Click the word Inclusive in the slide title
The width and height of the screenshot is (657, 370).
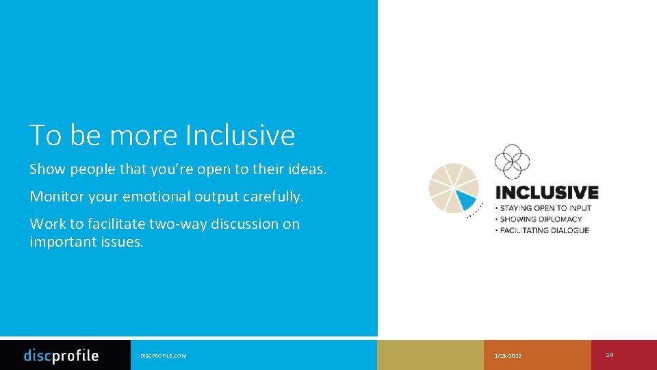pos(240,135)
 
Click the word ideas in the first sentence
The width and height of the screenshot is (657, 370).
pos(307,169)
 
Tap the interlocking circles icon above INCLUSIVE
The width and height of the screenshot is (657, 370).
pos(512,162)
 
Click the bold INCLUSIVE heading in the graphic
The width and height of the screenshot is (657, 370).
pos(547,193)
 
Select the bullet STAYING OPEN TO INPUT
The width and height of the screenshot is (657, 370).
pos(545,208)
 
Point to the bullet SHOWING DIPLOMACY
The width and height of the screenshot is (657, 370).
pos(541,219)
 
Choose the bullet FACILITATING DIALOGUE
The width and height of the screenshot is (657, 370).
pos(544,230)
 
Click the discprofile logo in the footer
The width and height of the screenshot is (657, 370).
pos(61,355)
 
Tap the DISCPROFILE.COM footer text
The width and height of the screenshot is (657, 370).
pos(163,356)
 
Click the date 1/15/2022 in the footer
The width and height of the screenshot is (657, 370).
pos(508,356)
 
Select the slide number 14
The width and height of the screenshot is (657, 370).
pos(609,354)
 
